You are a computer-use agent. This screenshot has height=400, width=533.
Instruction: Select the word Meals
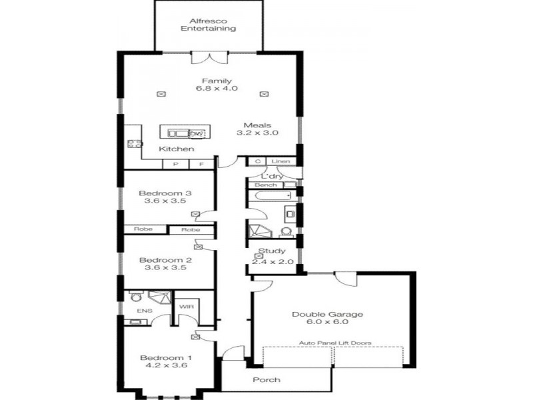coord(257,125)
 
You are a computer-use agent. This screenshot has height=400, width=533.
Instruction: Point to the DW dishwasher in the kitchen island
coord(198,133)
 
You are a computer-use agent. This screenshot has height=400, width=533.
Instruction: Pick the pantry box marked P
coord(175,163)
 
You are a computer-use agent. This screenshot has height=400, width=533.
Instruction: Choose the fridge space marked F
coord(200,163)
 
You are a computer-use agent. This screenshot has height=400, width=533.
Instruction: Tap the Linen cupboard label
coord(279,161)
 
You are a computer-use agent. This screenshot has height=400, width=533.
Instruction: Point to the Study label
coord(272,251)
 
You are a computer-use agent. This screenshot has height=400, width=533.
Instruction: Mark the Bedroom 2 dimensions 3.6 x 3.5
coord(165,269)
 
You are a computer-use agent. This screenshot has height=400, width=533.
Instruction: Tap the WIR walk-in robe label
coord(185,307)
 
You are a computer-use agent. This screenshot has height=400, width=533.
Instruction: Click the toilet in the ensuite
coord(135,297)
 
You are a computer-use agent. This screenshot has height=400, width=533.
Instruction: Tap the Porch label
coord(266,380)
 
